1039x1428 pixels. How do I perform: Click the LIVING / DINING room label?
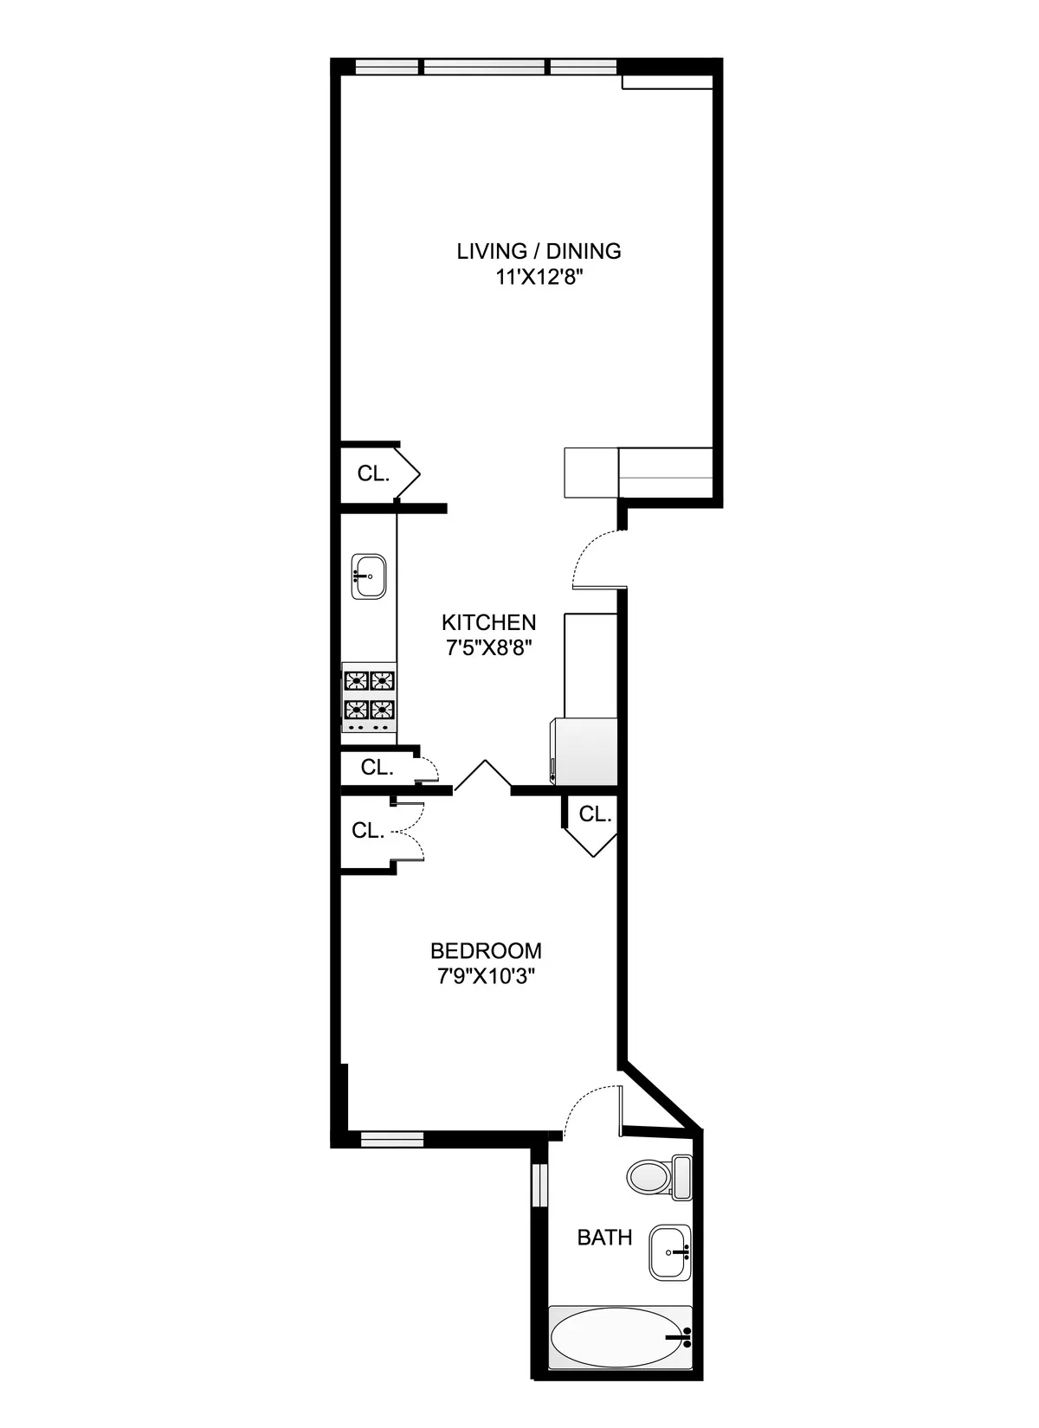point(539,251)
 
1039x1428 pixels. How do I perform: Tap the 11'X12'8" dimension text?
point(539,278)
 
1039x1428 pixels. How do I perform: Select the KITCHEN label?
point(488,622)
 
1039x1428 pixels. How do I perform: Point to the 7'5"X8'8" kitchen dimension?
point(488,648)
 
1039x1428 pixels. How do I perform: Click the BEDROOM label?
point(486,950)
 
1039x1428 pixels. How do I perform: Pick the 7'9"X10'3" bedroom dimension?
point(486,976)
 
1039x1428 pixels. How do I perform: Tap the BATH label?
point(604,1238)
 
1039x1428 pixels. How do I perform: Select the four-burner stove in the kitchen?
point(371,700)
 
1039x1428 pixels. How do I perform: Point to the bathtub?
point(621,1338)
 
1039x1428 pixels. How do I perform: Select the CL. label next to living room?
point(373,473)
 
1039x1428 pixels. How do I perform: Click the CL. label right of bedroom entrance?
point(595,814)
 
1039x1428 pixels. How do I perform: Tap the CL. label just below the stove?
point(377,767)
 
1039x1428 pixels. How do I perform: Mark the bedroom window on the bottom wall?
point(391,1139)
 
